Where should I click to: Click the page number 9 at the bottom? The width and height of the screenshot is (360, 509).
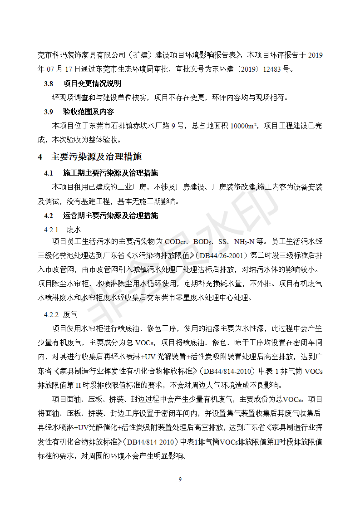[x=180, y=480]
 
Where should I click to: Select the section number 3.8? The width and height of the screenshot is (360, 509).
[x=49, y=84]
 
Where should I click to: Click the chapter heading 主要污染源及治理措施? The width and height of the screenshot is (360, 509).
[x=96, y=157]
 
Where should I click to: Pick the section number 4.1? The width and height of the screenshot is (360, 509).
[x=49, y=173]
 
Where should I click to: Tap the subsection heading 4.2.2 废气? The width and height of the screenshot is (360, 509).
[x=61, y=314]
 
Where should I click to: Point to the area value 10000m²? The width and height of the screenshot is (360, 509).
[x=244, y=126]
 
